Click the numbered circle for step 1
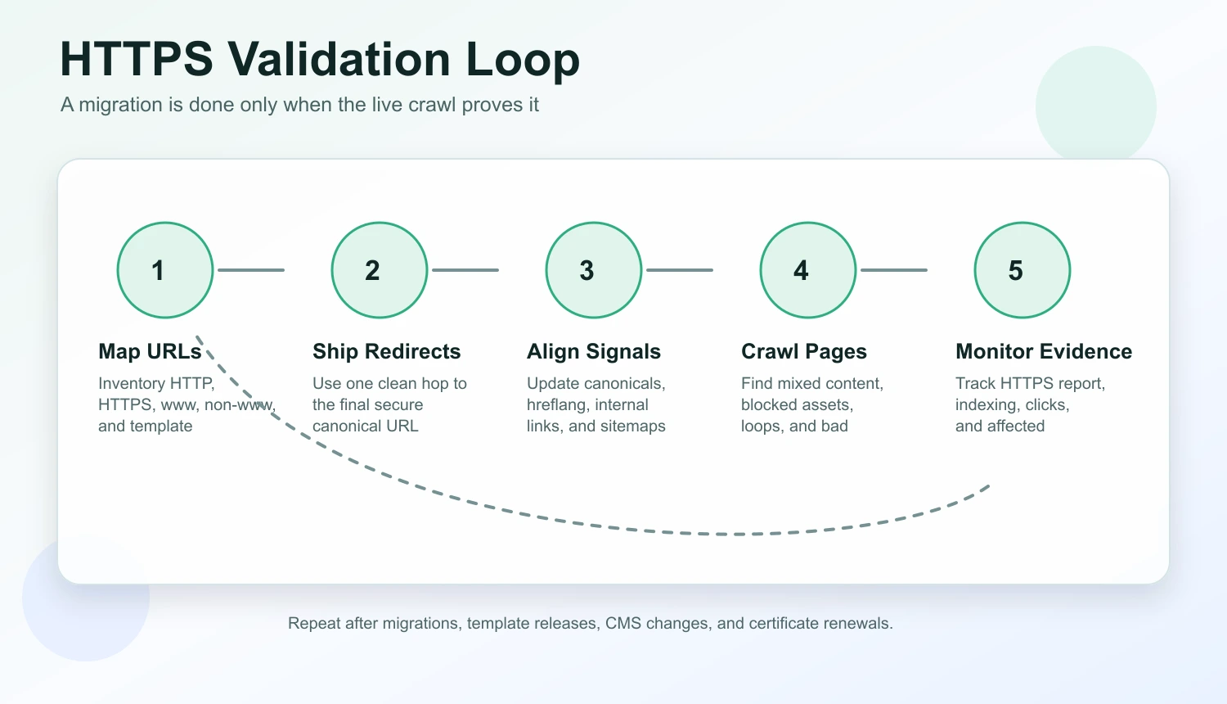click(165, 270)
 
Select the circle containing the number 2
click(380, 270)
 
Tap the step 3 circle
click(594, 270)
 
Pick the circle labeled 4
click(808, 270)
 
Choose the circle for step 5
click(1022, 270)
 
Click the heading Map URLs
click(150, 351)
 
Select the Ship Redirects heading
click(386, 351)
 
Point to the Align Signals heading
click(594, 351)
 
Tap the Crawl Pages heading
click(803, 351)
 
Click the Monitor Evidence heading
click(1044, 351)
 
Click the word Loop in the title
click(523, 60)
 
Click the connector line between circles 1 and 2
click(251, 270)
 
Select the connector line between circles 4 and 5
click(894, 270)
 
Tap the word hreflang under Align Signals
click(556, 404)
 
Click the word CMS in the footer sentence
click(622, 623)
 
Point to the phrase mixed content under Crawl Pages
click(829, 383)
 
